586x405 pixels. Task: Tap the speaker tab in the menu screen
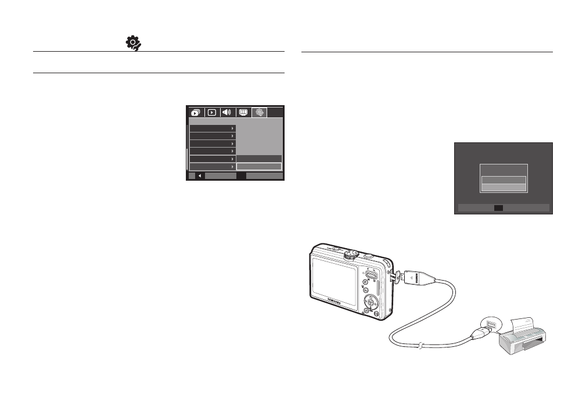(x=227, y=113)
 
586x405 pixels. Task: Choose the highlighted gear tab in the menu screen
(x=260, y=113)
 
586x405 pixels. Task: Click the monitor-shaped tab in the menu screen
(x=243, y=113)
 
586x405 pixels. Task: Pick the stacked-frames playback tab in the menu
(x=195, y=113)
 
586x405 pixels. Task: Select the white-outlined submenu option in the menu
(x=258, y=167)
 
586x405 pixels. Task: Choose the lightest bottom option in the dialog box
(x=503, y=188)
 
